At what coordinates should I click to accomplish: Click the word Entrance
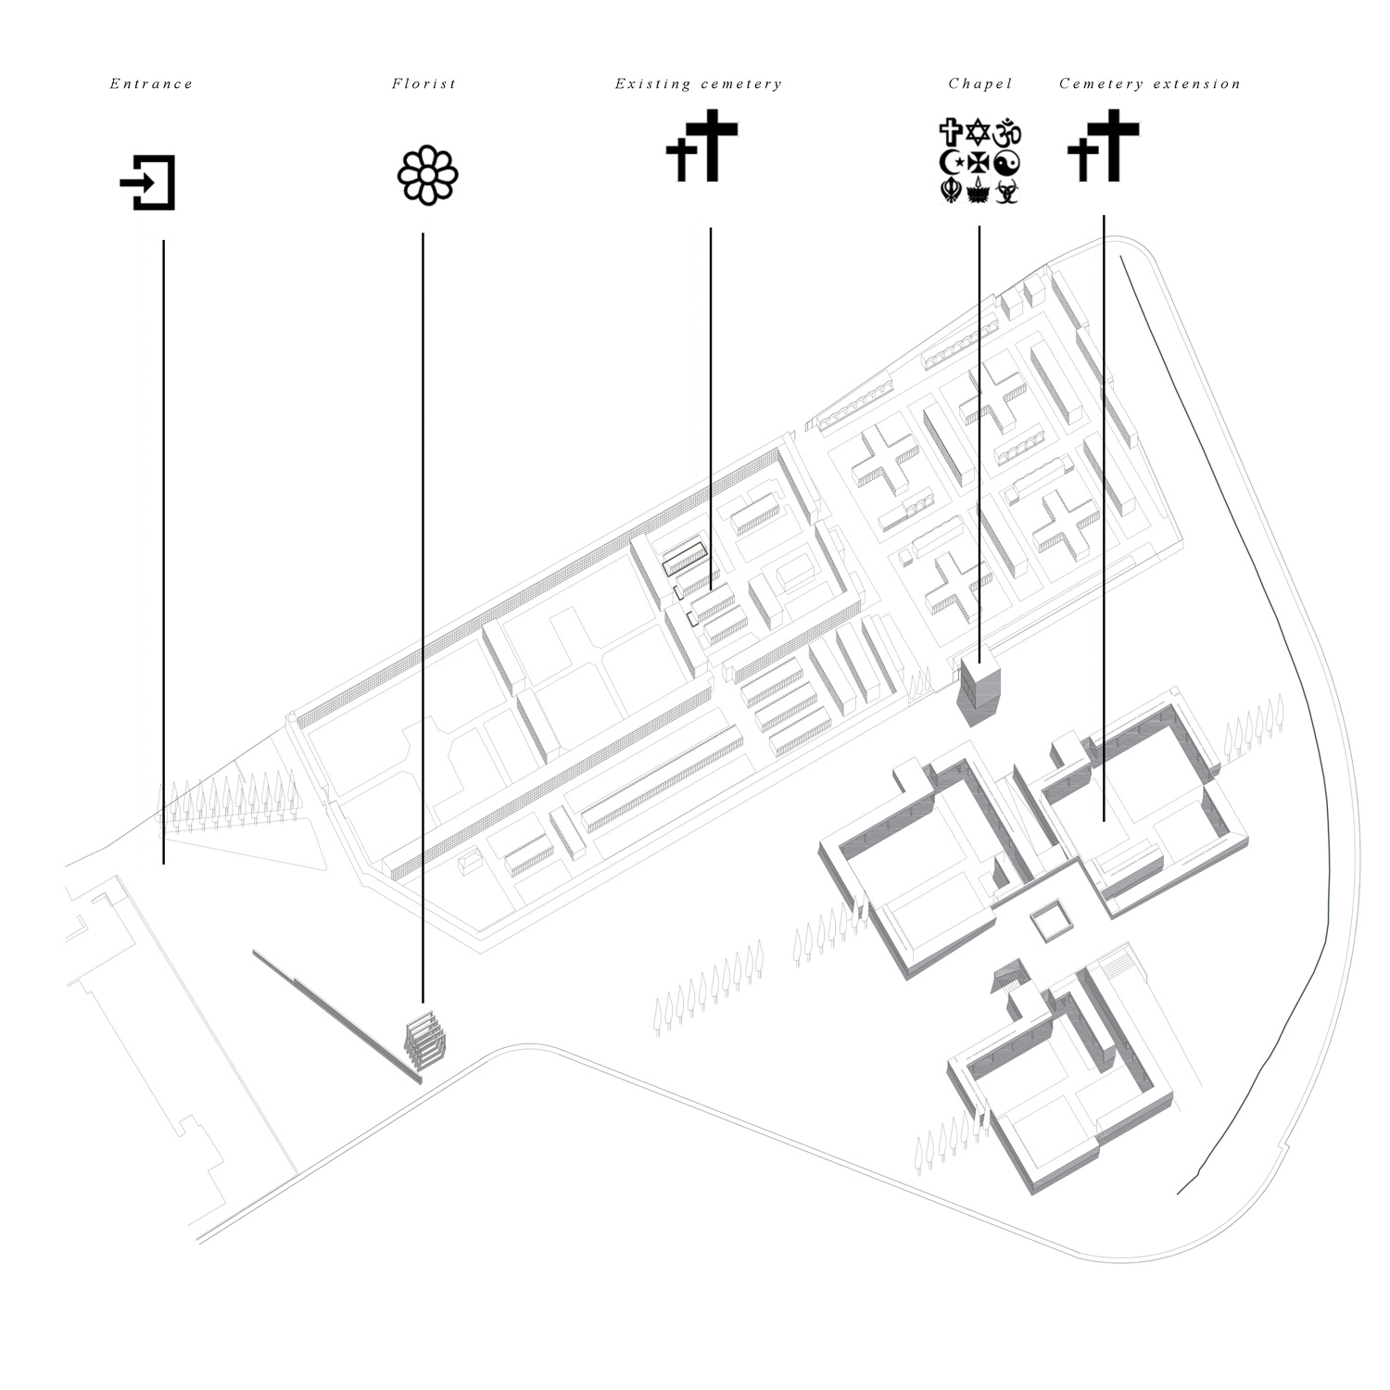click(151, 84)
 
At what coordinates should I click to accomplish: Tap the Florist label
click(423, 84)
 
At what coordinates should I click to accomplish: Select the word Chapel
click(979, 84)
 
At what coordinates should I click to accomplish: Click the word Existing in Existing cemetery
click(653, 84)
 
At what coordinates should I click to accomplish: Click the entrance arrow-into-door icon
click(148, 183)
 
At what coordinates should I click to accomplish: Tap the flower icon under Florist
click(428, 174)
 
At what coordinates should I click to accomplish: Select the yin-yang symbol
click(1008, 163)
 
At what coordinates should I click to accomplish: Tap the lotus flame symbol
click(979, 192)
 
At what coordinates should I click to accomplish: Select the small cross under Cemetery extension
click(1081, 159)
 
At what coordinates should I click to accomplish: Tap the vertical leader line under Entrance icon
click(164, 552)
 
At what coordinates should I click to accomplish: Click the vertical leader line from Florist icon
click(423, 617)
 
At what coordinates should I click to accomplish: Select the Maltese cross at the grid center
click(979, 163)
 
